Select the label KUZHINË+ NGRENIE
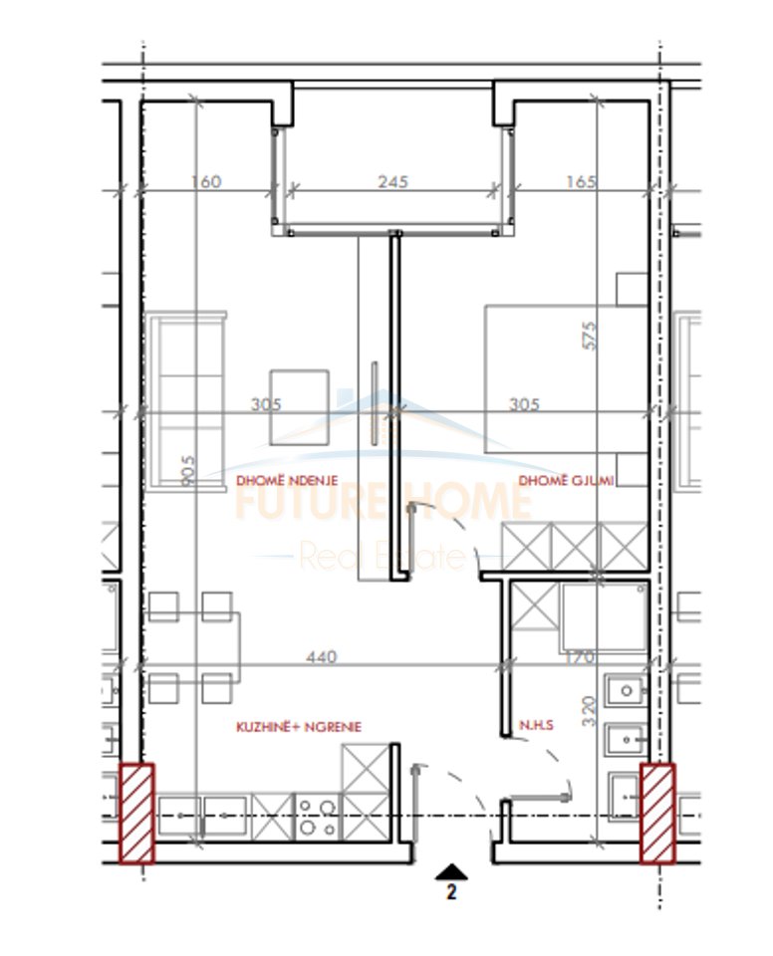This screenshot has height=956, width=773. tap(298, 727)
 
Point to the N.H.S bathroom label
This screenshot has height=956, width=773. tap(535, 726)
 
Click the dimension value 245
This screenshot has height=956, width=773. tap(393, 182)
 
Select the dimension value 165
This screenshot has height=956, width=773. tap(580, 182)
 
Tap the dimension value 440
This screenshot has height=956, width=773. tap(323, 656)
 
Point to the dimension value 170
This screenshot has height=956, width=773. tap(579, 656)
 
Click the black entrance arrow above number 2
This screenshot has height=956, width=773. tap(451, 872)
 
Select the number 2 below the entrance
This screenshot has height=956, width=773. tap(451, 893)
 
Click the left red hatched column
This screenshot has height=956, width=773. tap(137, 813)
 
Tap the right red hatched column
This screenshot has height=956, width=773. tap(657, 813)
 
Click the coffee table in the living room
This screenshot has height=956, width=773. tap(299, 406)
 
